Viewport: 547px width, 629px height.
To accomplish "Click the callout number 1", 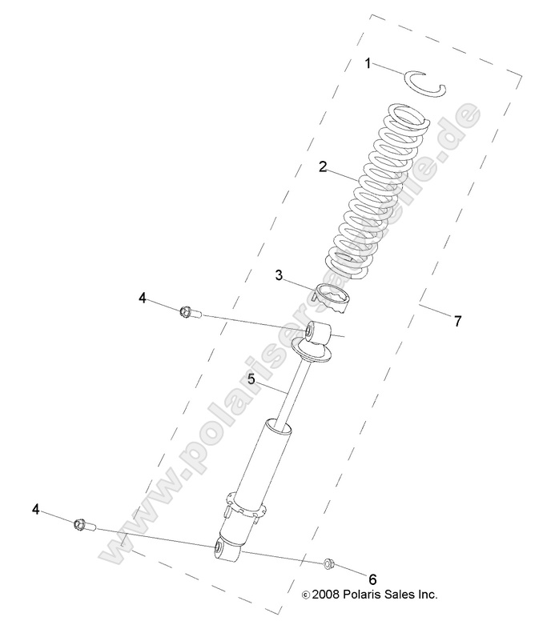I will (368, 62).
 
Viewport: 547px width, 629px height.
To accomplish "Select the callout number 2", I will (323, 166).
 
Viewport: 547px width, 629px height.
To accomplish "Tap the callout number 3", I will (280, 275).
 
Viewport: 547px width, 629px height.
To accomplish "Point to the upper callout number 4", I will (142, 298).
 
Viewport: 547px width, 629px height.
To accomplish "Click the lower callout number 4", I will (36, 508).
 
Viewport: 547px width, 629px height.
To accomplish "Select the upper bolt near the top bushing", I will (190, 312).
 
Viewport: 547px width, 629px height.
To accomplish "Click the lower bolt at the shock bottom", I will (82, 524).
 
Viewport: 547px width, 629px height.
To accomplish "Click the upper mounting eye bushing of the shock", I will (315, 329).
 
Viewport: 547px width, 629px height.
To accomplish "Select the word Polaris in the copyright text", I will (367, 595).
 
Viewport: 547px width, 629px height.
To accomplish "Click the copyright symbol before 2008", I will (304, 595).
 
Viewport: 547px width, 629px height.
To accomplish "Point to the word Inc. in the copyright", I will (425, 595).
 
